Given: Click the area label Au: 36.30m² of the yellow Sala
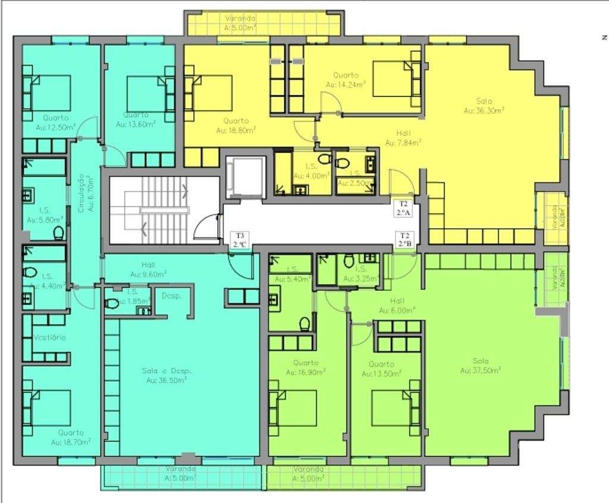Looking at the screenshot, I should tap(484, 110).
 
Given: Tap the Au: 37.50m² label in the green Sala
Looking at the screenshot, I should tap(481, 370).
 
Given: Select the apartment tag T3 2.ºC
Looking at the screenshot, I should tap(240, 240).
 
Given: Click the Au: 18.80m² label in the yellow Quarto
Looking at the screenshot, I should tap(236, 129).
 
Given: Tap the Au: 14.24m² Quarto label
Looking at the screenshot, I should tap(346, 85).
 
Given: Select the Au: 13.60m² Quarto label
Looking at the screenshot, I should tap(136, 124).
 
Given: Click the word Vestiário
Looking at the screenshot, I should tap(50, 338).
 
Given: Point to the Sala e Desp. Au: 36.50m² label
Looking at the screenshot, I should tap(167, 375).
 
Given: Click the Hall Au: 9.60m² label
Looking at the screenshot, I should tap(148, 270).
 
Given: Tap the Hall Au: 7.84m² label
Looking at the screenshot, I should tap(403, 138).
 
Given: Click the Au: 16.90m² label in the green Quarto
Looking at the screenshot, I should tap(306, 368).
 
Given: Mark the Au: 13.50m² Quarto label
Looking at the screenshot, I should tap(381, 369).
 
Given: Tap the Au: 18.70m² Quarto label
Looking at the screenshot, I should tap(71, 438).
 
